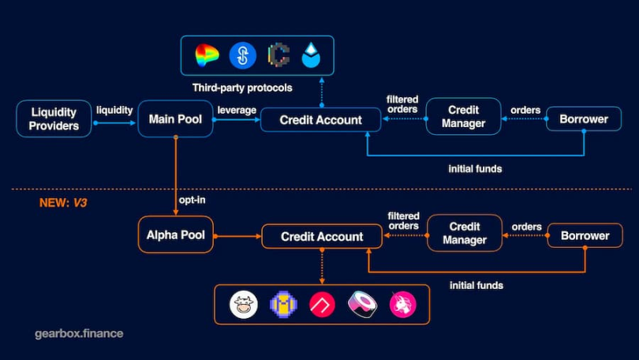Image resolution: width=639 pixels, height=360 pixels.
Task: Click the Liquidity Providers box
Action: pyautogui.click(x=54, y=119)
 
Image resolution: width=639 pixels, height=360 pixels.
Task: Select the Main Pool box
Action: pyautogui.click(x=175, y=119)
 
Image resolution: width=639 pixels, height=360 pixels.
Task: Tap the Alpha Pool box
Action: pyautogui.click(x=175, y=234)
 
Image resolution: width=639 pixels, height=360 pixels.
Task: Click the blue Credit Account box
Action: pyautogui.click(x=321, y=120)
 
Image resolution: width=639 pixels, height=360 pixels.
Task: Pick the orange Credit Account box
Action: pyautogui.click(x=322, y=236)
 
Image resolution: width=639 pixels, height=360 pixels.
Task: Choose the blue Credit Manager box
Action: pyautogui.click(x=463, y=117)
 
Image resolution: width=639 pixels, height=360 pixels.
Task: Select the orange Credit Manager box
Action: pyautogui.click(x=465, y=233)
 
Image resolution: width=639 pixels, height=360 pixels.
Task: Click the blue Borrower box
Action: pyautogui.click(x=584, y=119)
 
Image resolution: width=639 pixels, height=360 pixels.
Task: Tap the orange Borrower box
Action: pyautogui.click(x=585, y=235)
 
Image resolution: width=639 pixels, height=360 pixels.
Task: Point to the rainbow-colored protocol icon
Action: pyautogui.click(x=207, y=55)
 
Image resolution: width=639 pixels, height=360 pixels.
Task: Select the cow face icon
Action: pyautogui.click(x=242, y=304)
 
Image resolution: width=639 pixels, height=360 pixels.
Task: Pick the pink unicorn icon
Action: pyautogui.click(x=402, y=304)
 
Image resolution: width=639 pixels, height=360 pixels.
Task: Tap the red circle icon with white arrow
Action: pyautogui.click(x=322, y=304)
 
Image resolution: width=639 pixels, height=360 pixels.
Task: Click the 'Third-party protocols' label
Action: pyautogui.click(x=242, y=87)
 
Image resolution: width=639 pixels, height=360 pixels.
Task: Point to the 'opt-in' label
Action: pyautogui.click(x=192, y=200)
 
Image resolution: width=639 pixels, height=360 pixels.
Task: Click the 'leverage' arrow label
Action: pyautogui.click(x=237, y=111)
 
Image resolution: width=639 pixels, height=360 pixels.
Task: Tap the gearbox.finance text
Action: pyautogui.click(x=79, y=333)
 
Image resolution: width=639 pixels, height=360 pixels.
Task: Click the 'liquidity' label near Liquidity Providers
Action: pyautogui.click(x=114, y=111)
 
